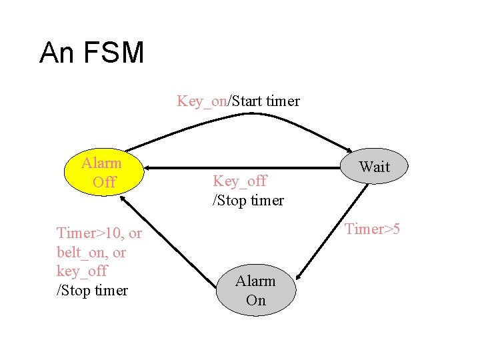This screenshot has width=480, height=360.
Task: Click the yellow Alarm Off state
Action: click(x=101, y=173)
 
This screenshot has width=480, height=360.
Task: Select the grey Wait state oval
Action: click(x=374, y=167)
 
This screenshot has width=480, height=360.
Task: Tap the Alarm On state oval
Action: click(x=255, y=291)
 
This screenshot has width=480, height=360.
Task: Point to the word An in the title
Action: click(x=57, y=53)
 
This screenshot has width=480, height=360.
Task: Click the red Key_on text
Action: click(x=201, y=101)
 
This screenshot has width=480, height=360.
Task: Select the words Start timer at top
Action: click(x=265, y=101)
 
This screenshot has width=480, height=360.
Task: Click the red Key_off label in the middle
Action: click(x=239, y=181)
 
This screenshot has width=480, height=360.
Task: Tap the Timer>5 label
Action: click(x=371, y=229)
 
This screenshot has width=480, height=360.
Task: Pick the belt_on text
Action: click(x=83, y=252)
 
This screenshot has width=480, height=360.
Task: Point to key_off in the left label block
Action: click(x=82, y=271)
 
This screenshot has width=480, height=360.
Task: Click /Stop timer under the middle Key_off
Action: click(x=248, y=200)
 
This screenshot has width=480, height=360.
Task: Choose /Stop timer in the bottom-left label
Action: click(x=92, y=290)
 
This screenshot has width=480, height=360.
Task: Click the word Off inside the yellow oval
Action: click(x=105, y=182)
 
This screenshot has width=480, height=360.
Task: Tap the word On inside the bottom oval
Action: click(x=255, y=300)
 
